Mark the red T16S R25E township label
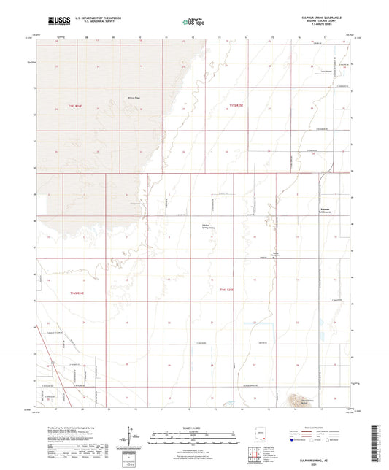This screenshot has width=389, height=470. pos(226,290)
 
